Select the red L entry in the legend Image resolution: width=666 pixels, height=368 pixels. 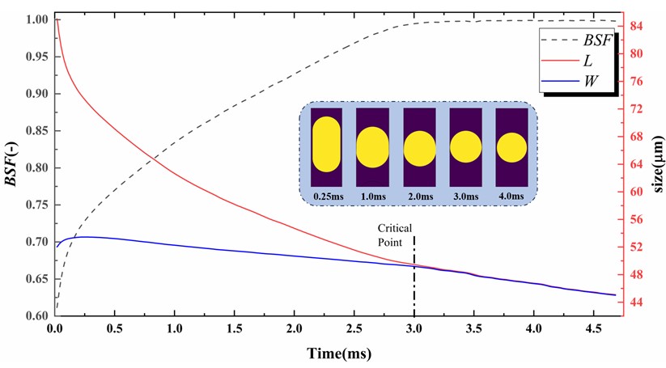(587, 61)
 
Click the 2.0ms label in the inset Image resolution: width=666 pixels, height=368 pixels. (419, 196)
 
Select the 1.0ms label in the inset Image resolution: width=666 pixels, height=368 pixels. (372, 196)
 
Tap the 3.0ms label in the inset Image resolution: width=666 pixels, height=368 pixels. (465, 196)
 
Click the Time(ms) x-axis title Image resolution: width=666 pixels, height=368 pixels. (337, 354)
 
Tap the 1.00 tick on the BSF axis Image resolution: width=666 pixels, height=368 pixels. (36, 19)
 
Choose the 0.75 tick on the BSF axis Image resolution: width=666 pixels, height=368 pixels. (36, 205)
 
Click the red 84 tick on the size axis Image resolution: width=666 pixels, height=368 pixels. (637, 27)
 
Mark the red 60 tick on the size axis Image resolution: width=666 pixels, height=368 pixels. (637, 192)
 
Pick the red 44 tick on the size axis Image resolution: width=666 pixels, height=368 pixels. (637, 302)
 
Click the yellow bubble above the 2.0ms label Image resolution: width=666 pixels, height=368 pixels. (420, 148)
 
